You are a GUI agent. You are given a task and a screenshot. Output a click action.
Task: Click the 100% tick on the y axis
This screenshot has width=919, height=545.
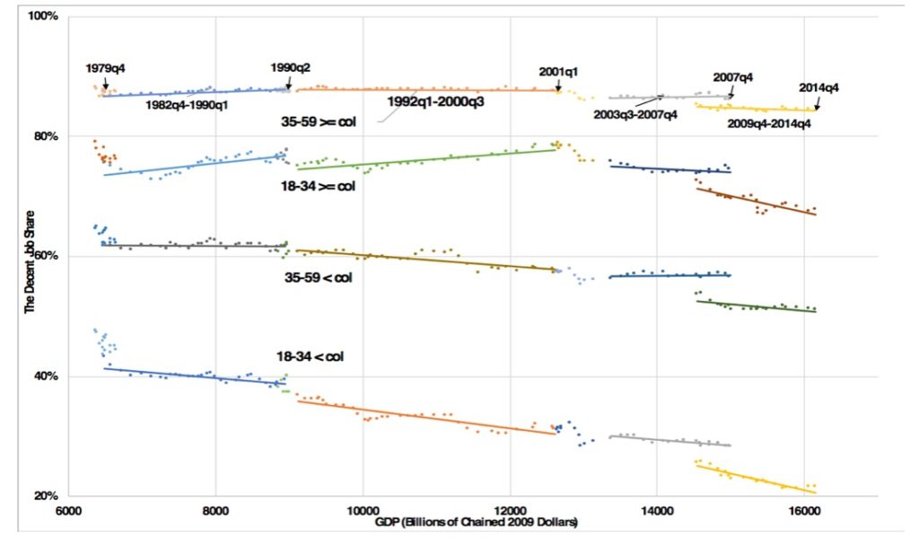click(x=44, y=17)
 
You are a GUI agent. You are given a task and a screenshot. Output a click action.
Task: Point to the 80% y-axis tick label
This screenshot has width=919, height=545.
click(x=46, y=136)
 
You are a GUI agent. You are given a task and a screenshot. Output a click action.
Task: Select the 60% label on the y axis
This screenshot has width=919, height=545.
click(x=46, y=256)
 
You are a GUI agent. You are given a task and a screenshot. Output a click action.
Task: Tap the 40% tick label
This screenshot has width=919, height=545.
click(x=46, y=376)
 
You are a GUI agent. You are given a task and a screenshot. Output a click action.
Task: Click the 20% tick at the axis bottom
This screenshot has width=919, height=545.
click(x=46, y=496)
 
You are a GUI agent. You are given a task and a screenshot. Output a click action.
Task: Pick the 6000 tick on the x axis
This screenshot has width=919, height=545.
click(x=68, y=510)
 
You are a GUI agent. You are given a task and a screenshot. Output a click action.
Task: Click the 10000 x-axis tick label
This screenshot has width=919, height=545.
click(x=363, y=510)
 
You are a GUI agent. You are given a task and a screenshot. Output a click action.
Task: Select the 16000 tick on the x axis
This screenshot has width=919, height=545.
click(x=802, y=510)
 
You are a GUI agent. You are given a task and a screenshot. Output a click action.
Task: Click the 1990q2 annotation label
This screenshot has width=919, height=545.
click(x=291, y=67)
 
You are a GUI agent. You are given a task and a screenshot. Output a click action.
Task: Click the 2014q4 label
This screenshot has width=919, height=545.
click(x=818, y=88)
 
